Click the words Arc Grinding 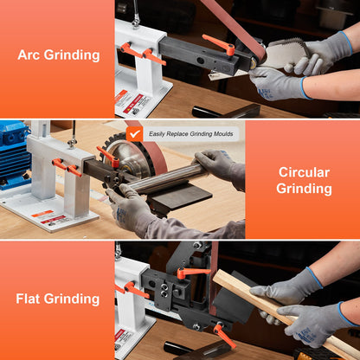pyautogui.click(x=58, y=55)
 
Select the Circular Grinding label pyautogui.click(x=303, y=180)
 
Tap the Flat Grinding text pyautogui.click(x=57, y=300)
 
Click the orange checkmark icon pyautogui.click(x=134, y=133)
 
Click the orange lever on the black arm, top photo pyautogui.click(x=220, y=43)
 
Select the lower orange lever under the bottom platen pyautogui.click(x=222, y=335)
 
